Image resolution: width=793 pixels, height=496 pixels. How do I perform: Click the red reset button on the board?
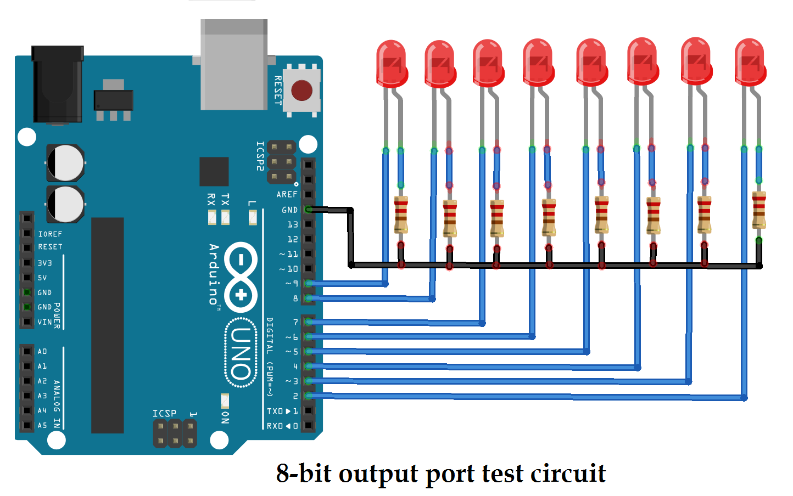click(301, 91)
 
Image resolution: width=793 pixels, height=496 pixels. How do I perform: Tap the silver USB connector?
click(234, 65)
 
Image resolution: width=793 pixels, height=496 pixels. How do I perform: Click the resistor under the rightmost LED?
click(759, 210)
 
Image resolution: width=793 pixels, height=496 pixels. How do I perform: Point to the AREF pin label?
click(287, 195)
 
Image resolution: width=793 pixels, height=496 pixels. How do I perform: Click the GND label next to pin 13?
click(289, 210)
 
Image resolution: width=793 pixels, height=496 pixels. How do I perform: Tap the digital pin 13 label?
click(293, 225)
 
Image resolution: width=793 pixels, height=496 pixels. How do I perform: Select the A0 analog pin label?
click(42, 352)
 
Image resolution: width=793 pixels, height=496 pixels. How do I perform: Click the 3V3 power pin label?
click(44, 263)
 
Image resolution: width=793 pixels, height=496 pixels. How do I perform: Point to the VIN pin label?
click(44, 323)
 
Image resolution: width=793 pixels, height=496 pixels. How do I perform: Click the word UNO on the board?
click(241, 353)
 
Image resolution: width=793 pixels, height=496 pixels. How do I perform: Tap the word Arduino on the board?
click(214, 274)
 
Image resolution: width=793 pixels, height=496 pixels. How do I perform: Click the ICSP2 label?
click(260, 156)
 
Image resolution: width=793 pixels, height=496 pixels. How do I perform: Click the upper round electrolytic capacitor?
click(65, 163)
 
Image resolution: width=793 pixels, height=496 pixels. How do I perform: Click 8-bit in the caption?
click(304, 474)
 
